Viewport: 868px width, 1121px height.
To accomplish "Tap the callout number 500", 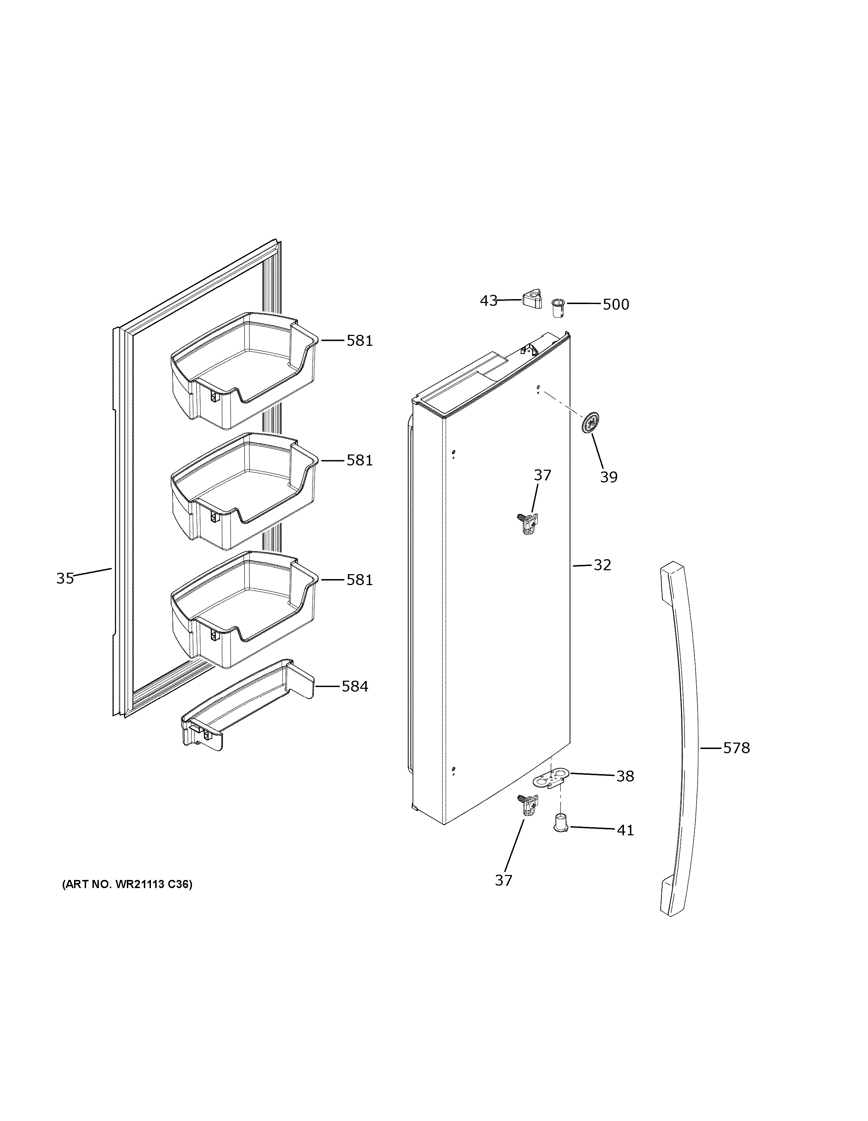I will tap(615, 304).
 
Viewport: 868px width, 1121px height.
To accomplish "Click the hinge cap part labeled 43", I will tap(532, 299).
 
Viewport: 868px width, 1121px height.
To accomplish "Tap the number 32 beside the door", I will tap(603, 565).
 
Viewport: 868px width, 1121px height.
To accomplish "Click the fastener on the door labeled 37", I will tap(526, 525).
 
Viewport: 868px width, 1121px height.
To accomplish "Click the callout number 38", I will tap(625, 776).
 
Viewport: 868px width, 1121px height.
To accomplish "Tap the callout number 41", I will tap(625, 830).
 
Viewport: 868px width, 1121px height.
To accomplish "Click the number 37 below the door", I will tap(503, 880).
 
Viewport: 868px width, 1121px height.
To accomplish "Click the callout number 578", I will tap(737, 748).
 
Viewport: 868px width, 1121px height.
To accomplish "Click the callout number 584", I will tap(355, 686).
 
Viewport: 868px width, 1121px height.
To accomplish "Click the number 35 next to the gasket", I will tap(65, 578).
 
